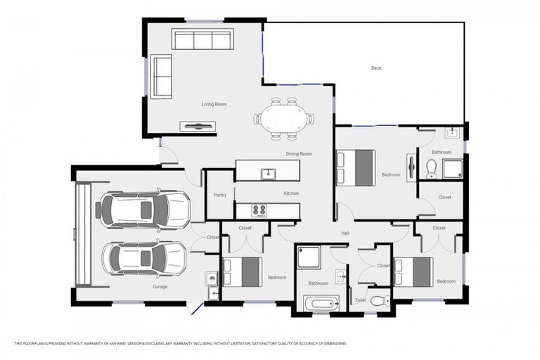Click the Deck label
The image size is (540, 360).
pyautogui.click(x=376, y=68)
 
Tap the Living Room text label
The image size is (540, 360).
pyautogui.click(x=214, y=104)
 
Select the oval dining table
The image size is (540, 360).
pyautogui.click(x=283, y=119)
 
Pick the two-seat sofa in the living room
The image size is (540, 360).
pyautogui.click(x=161, y=76)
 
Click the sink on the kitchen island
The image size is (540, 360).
pyautogui.click(x=267, y=173)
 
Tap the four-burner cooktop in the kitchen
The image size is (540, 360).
pyautogui.click(x=259, y=210)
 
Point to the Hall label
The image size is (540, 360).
pyautogui.click(x=345, y=233)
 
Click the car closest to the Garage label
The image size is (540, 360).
pyautogui.click(x=144, y=258)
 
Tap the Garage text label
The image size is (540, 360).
pyautogui.click(x=160, y=287)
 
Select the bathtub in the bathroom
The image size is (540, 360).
pyautogui.click(x=321, y=304)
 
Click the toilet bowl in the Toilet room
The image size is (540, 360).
pyautogui.click(x=379, y=301)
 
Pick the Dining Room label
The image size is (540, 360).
pyautogui.click(x=298, y=153)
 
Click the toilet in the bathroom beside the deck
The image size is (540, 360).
pyautogui.click(x=432, y=168)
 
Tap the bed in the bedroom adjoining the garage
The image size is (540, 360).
pyautogui.click(x=241, y=271)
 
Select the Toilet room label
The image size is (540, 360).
pyautogui.click(x=360, y=300)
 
